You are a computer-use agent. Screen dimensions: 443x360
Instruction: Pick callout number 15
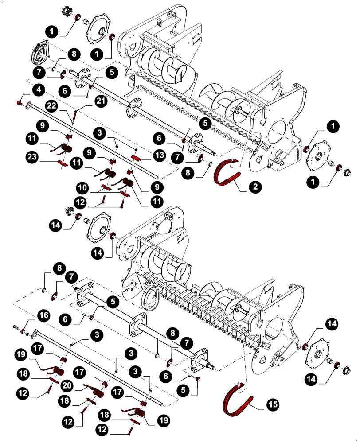pos(273,404)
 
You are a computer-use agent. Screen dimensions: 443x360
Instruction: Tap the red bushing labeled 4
pos(20,103)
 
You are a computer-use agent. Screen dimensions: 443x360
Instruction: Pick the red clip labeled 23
pos(63,164)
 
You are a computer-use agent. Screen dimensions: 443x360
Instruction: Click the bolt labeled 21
pos(76,116)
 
